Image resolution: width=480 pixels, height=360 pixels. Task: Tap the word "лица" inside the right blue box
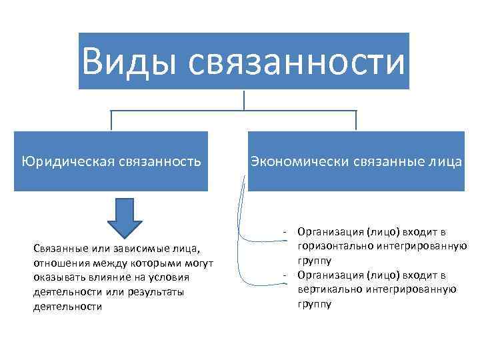(447, 161)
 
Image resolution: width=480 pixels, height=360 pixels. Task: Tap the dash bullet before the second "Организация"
(285, 275)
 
